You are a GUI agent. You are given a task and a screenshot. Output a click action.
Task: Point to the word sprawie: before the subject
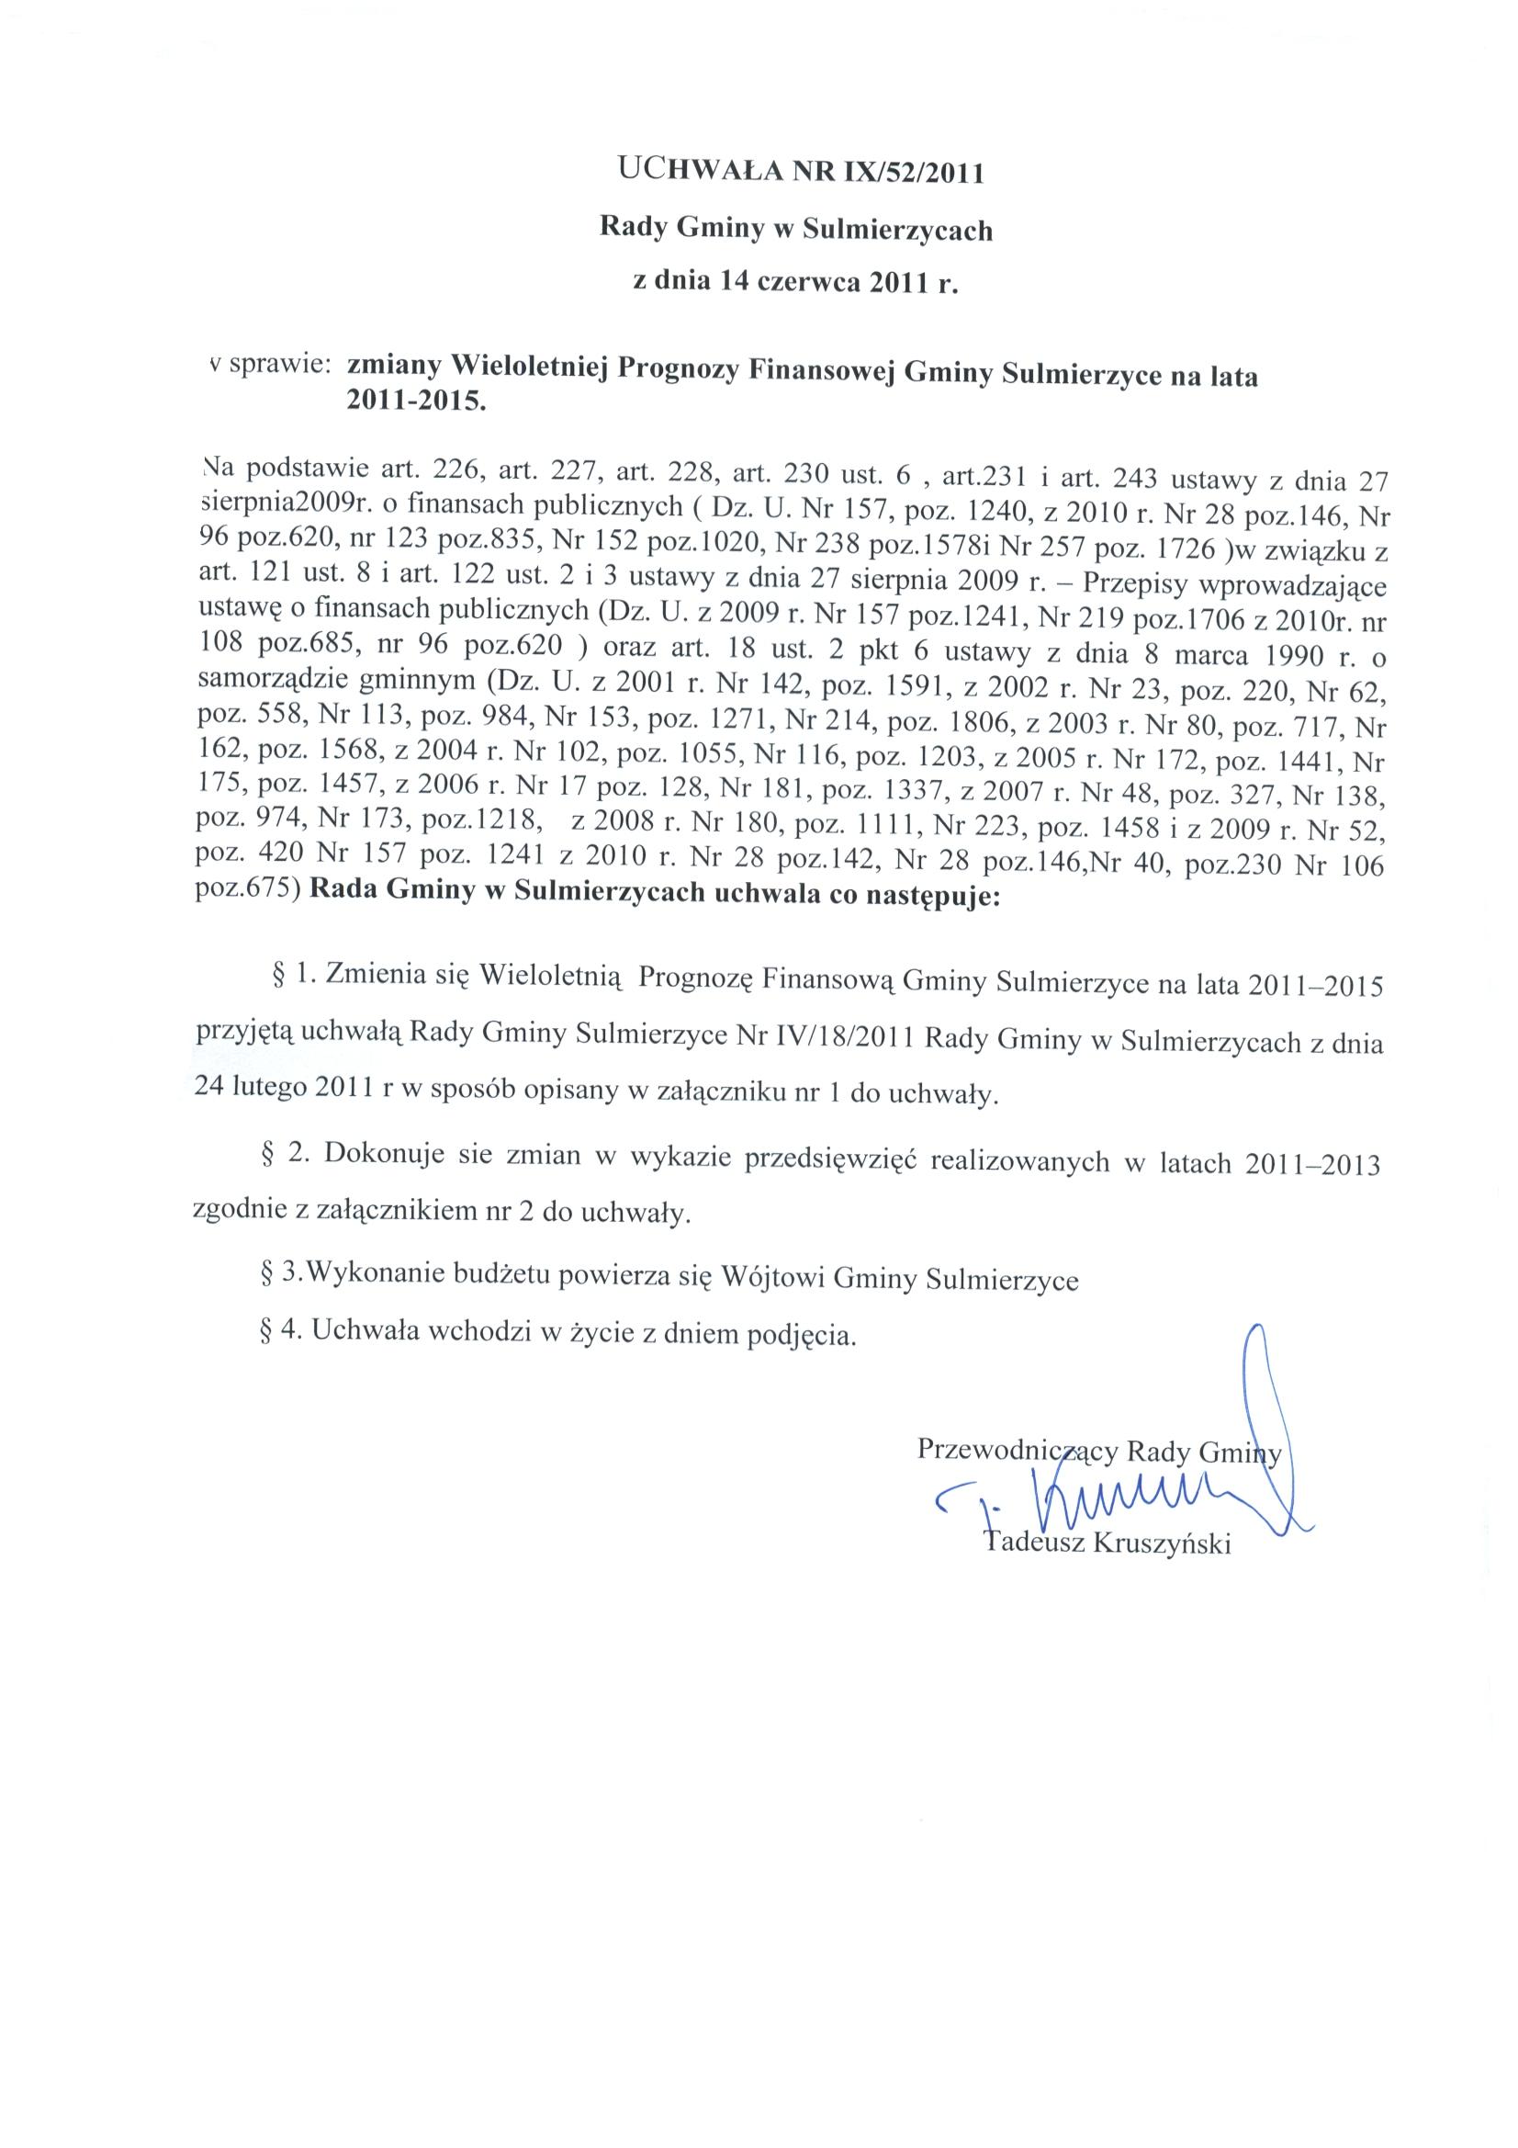(280, 366)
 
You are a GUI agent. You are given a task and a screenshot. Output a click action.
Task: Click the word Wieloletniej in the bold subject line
(528, 369)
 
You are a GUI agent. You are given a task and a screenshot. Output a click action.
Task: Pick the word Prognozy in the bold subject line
(678, 371)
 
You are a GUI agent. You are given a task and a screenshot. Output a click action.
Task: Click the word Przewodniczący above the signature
(1017, 1451)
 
